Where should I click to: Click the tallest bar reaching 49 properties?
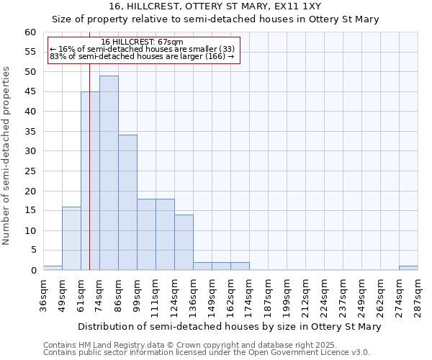109,173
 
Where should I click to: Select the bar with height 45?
90,181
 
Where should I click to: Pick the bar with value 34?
127,202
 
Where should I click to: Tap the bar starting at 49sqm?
71,238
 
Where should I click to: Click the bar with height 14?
184,242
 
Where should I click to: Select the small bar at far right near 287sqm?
408,268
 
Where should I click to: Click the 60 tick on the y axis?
30,32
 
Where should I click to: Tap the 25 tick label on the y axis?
30,171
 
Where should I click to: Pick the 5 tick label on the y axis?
33,251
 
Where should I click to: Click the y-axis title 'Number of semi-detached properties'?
7,156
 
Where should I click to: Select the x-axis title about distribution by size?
229,326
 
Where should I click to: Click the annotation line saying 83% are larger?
142,56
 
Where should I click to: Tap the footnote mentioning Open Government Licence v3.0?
207,353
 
